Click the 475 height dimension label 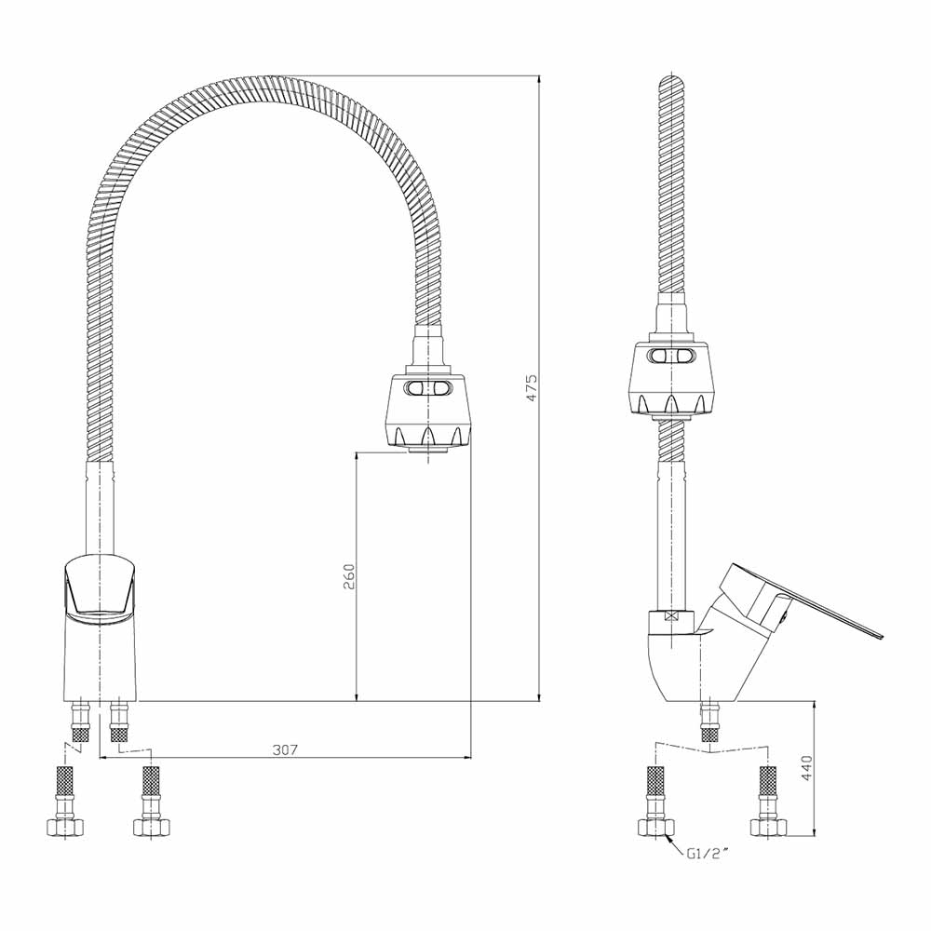coord(532,387)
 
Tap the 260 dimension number coord(348,576)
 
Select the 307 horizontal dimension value coord(285,749)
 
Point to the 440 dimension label coord(806,768)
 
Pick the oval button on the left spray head coord(428,389)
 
